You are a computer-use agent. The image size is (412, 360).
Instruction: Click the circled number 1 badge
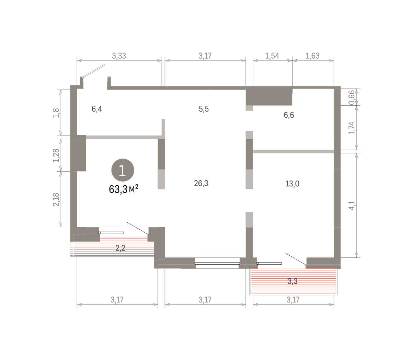pos(123,170)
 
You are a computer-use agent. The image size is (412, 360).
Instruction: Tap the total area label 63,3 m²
pos(124,189)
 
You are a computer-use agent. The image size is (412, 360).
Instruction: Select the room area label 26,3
pos(201,183)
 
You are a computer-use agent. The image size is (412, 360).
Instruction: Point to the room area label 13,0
pos(292,184)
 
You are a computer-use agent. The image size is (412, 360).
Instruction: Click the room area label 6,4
pos(97,109)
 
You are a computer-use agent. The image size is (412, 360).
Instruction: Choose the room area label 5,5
pos(204,109)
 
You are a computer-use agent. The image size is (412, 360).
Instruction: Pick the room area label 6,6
pos(289,115)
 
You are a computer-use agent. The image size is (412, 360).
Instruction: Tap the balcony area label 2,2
pos(121,248)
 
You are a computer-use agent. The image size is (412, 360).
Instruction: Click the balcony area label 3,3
pos(293,281)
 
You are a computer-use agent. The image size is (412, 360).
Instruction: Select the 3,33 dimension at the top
pos(119,56)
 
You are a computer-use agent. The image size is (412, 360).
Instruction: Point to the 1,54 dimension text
pos(272,56)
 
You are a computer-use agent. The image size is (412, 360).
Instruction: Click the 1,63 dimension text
pos(312,56)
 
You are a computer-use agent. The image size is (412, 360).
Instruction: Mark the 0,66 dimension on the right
pos(351,97)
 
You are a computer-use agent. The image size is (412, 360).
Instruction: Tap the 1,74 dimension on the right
pos(351,128)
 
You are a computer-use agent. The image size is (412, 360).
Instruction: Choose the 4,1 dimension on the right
pos(351,206)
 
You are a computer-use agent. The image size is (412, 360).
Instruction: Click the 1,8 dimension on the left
pos(56,113)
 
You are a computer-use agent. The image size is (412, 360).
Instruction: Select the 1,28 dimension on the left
pos(56,155)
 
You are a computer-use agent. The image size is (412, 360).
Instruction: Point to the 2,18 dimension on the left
pos(56,199)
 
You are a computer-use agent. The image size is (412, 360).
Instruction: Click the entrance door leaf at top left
pos(94,71)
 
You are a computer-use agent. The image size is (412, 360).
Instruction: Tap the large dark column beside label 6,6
pos(269,96)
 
